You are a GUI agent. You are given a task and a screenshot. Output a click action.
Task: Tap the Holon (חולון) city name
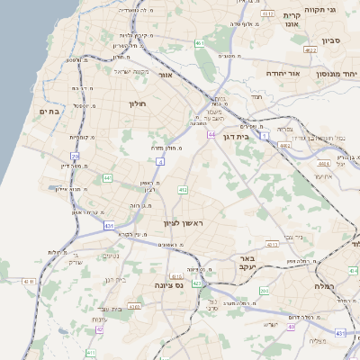137,103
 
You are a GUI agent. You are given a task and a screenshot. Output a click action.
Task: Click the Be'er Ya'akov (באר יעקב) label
248,262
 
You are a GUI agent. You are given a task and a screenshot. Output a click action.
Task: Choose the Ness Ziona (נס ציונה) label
167,283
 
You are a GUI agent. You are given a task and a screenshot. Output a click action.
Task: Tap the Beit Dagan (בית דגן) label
247,139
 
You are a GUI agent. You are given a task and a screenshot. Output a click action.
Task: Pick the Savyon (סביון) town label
330,40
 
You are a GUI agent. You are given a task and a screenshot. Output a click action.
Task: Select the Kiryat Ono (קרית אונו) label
298,21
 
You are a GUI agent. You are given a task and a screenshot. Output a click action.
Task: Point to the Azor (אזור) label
165,75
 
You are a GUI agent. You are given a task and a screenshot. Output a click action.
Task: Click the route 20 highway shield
76,157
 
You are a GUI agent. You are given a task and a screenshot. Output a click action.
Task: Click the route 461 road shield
199,43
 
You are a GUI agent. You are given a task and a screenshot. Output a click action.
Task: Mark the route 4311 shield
272,244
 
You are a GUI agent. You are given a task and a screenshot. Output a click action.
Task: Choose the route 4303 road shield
134,307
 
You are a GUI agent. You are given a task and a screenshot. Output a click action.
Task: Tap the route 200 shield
264,291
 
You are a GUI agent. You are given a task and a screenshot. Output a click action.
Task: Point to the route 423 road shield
196,283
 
